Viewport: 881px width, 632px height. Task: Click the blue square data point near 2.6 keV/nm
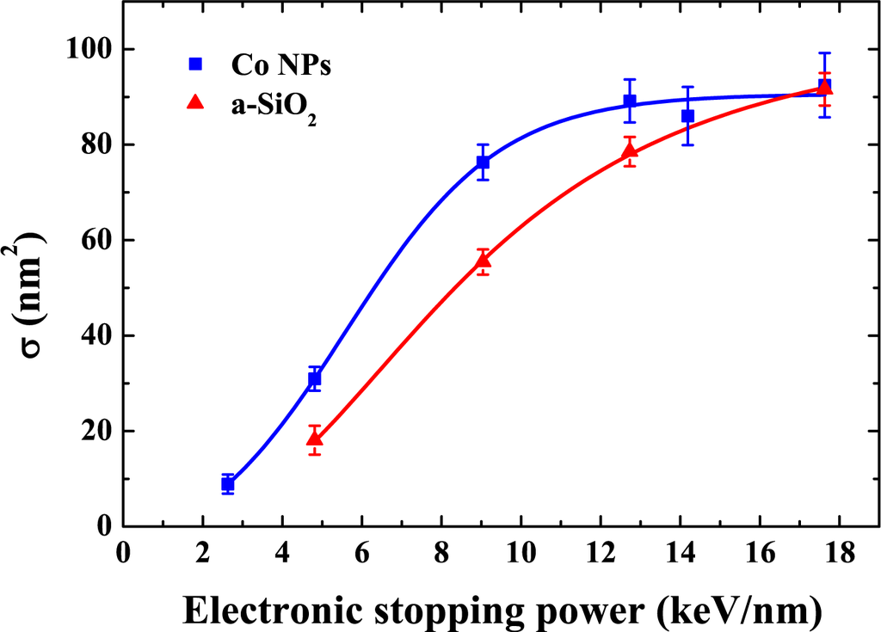coord(228,485)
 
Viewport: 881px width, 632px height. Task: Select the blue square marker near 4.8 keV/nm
coord(315,379)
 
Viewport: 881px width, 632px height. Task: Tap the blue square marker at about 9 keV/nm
coord(483,163)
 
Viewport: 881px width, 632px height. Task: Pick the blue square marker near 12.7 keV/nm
coord(630,101)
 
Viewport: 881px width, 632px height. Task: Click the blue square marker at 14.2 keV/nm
coord(688,116)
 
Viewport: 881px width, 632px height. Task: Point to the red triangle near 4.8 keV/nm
coord(315,439)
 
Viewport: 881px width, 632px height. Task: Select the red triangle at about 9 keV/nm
coord(483,261)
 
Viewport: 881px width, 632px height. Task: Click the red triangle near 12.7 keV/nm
coord(630,152)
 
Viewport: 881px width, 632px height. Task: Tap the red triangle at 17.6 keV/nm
coord(824,87)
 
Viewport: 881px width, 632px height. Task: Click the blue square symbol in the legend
coord(195,64)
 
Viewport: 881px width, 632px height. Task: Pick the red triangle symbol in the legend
coord(195,102)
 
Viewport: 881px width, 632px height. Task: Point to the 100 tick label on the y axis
coord(89,50)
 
